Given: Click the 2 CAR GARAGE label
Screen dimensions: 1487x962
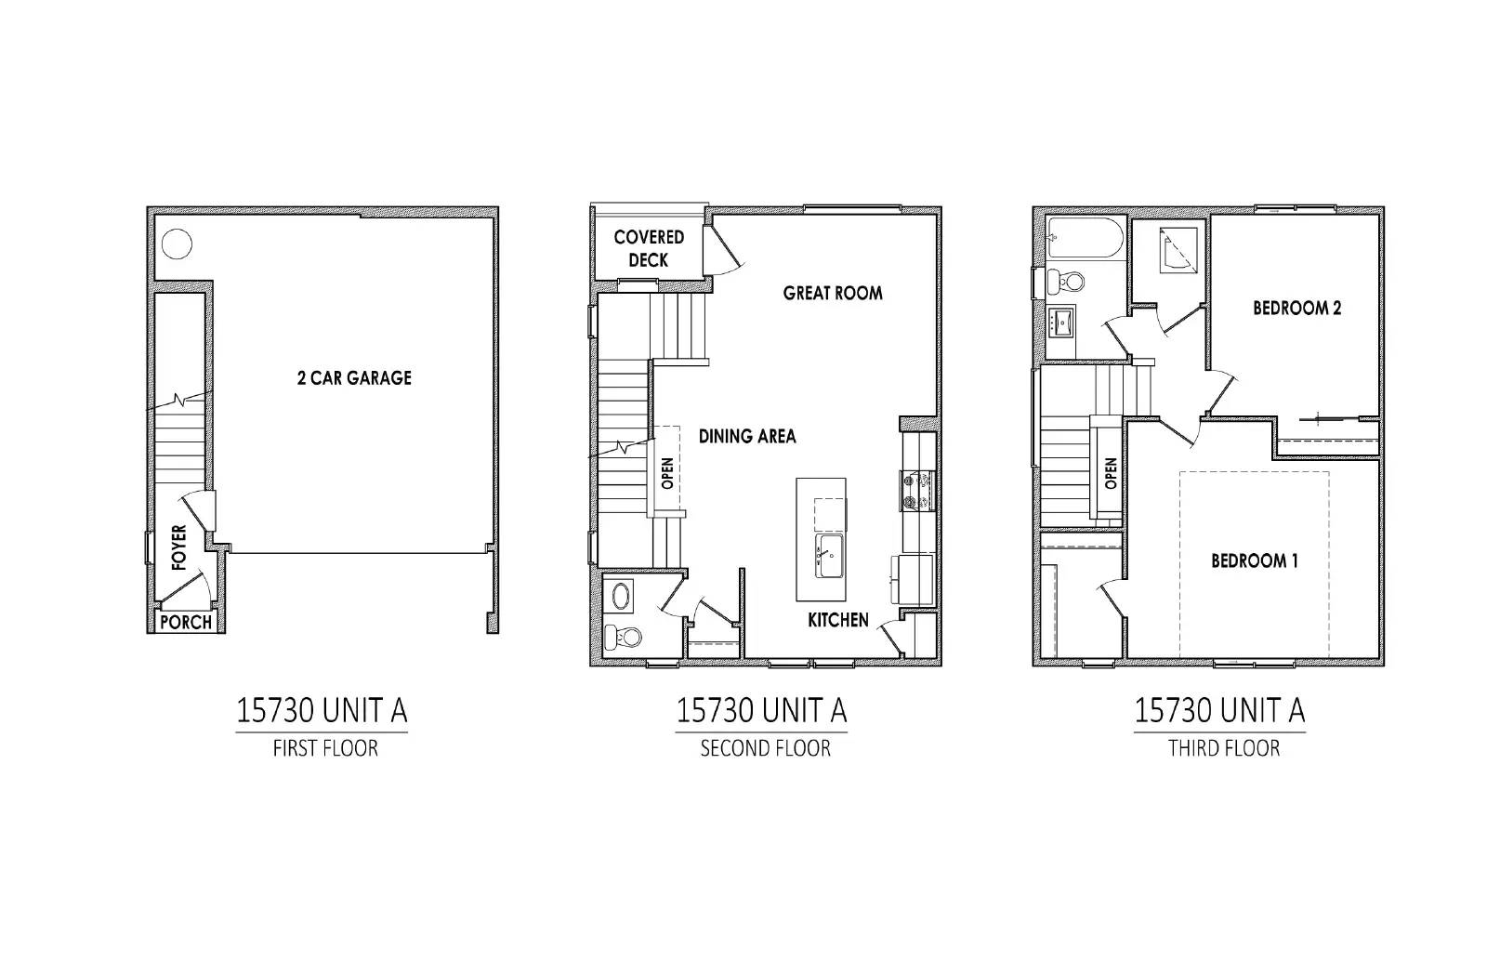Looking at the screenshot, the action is (x=354, y=377).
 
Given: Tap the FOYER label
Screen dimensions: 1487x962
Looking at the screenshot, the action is (x=179, y=547).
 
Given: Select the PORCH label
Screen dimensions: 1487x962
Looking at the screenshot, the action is (x=186, y=623).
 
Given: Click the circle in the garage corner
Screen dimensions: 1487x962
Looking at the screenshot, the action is (x=177, y=244).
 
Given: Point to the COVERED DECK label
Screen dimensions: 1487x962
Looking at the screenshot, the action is (x=649, y=248).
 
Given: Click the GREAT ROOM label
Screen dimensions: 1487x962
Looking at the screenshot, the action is (x=833, y=293).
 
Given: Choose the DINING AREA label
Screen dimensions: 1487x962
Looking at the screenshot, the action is (x=747, y=436).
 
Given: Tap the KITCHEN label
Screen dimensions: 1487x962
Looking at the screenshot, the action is (x=837, y=620).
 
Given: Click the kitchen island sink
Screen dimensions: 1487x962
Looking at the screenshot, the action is (x=829, y=556).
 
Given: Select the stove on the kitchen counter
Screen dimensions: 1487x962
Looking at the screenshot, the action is (x=917, y=491).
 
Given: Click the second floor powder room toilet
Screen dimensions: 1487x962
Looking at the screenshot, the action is (x=623, y=638).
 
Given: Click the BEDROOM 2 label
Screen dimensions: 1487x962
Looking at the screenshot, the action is (x=1296, y=308).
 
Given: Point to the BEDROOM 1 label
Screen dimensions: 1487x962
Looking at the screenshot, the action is (x=1254, y=561).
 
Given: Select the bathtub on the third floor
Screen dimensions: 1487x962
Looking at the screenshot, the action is (x=1086, y=238).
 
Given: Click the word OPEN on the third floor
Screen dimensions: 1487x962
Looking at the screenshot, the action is (x=1111, y=473).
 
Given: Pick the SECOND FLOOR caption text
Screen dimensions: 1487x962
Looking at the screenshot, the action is (x=765, y=748).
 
